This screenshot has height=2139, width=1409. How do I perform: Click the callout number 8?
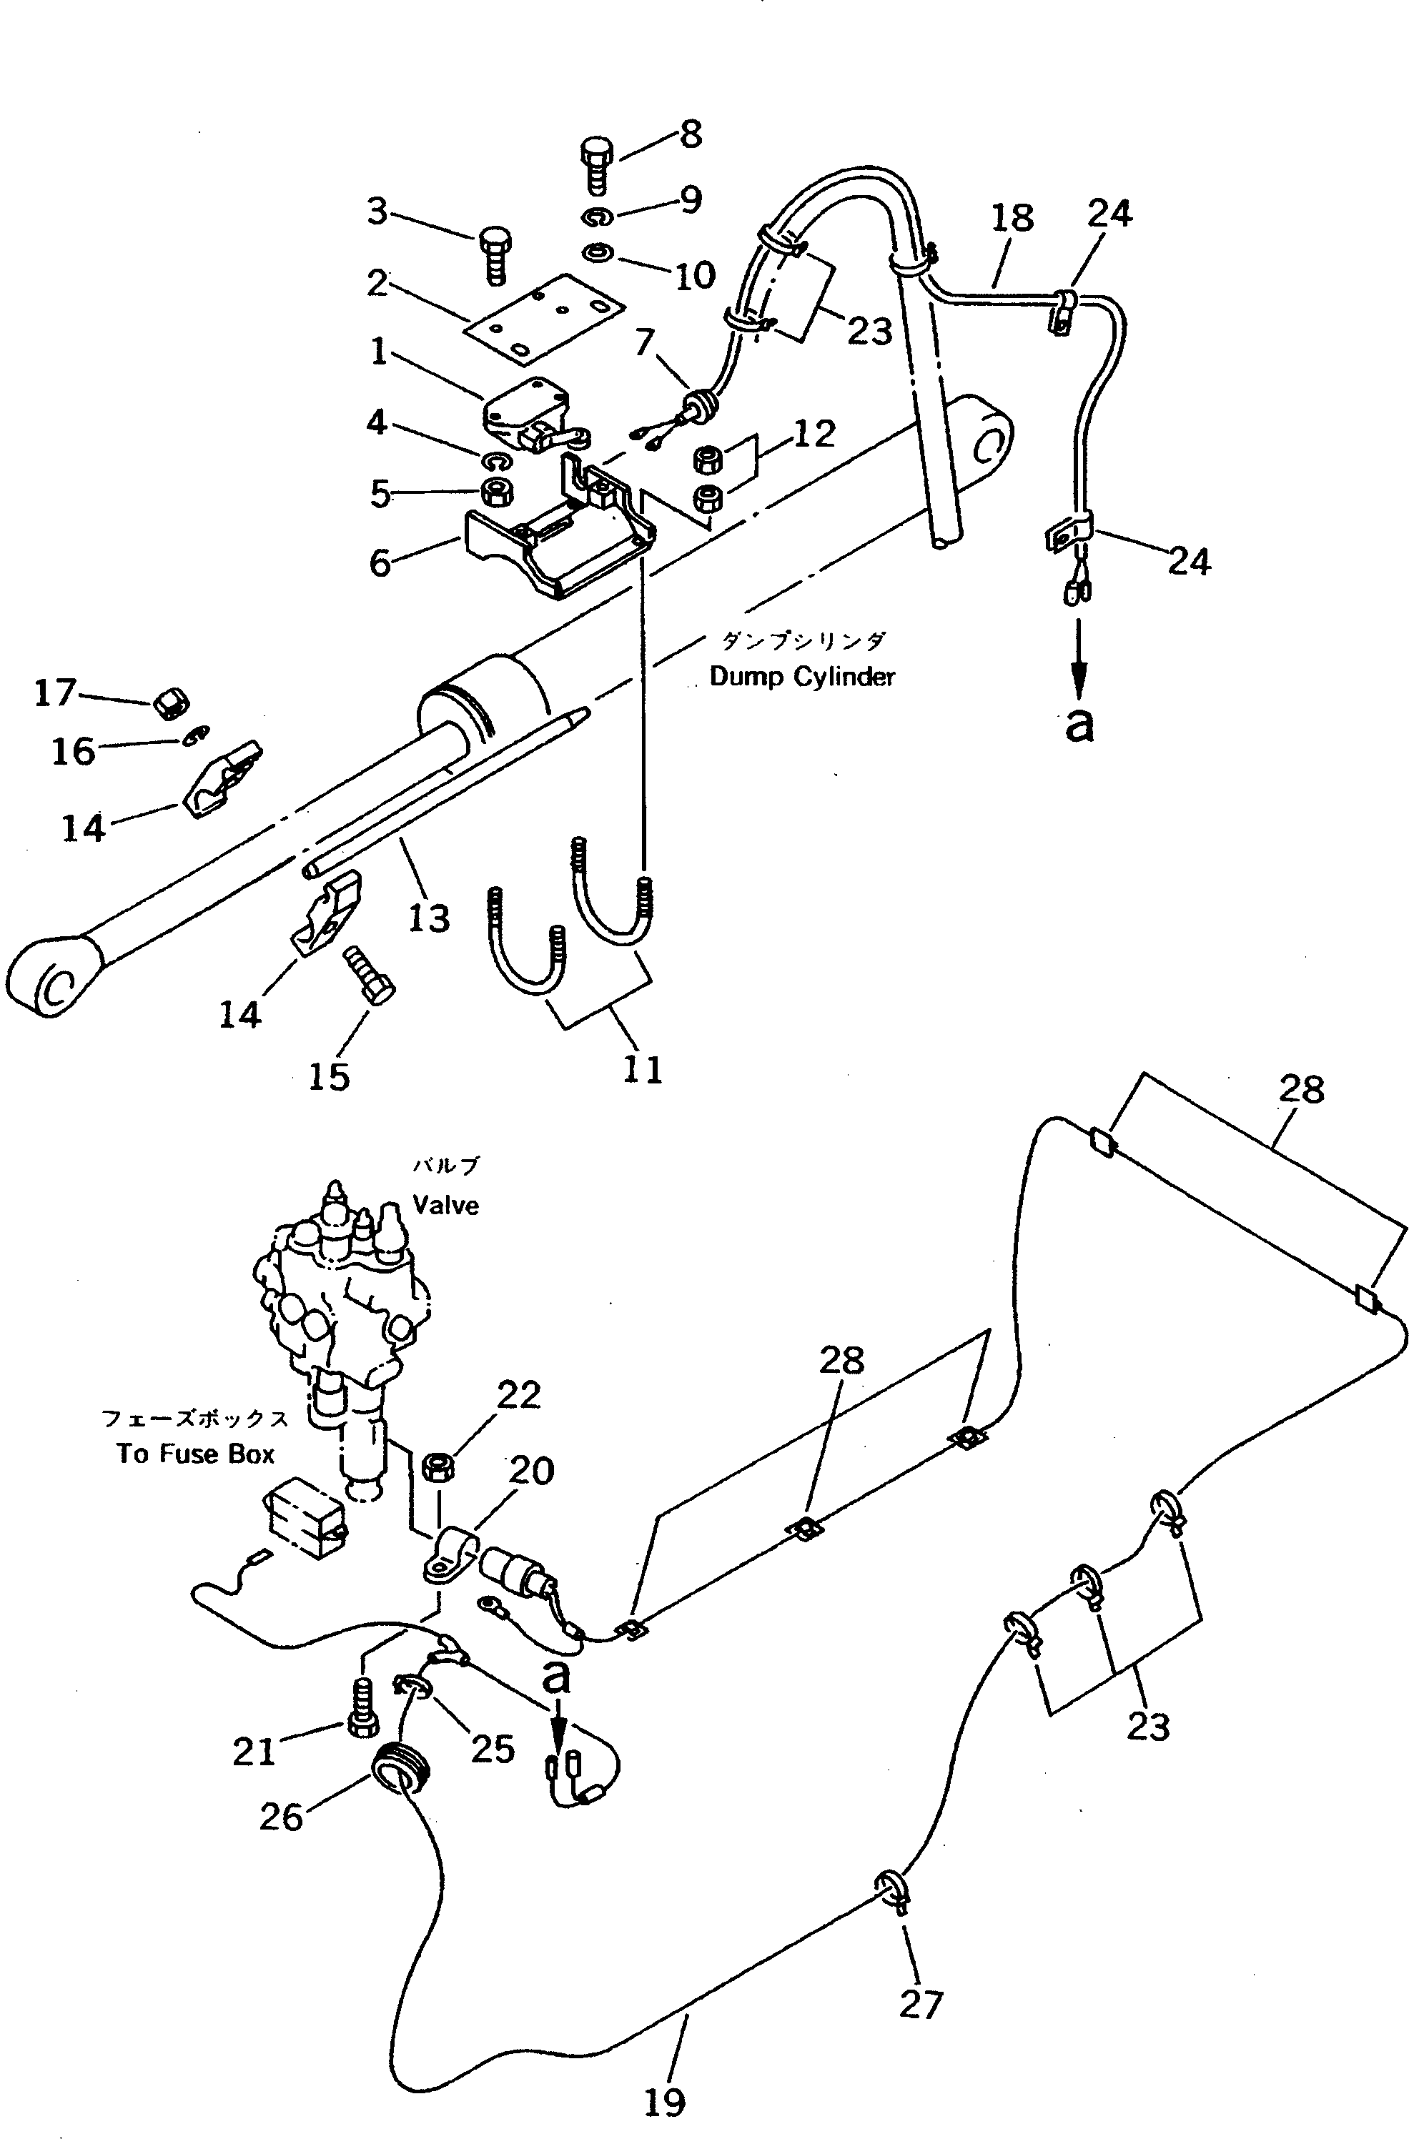(691, 135)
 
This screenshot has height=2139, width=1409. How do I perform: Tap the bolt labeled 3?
(494, 254)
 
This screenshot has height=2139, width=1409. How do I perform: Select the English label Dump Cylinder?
(802, 676)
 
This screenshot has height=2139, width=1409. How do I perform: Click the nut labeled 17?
(167, 704)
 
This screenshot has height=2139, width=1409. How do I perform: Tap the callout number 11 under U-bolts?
(642, 1069)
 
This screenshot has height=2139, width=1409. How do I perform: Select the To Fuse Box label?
(195, 1454)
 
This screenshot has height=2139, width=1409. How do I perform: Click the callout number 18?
(1012, 219)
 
